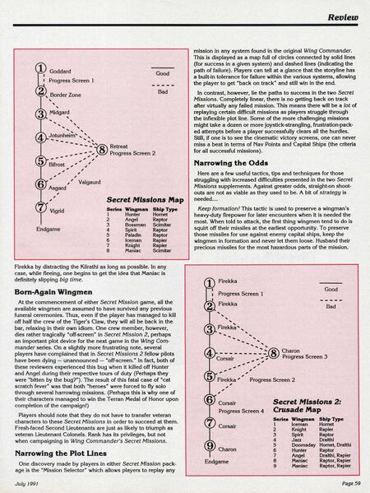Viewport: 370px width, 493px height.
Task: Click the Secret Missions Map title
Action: pos(132,198)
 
